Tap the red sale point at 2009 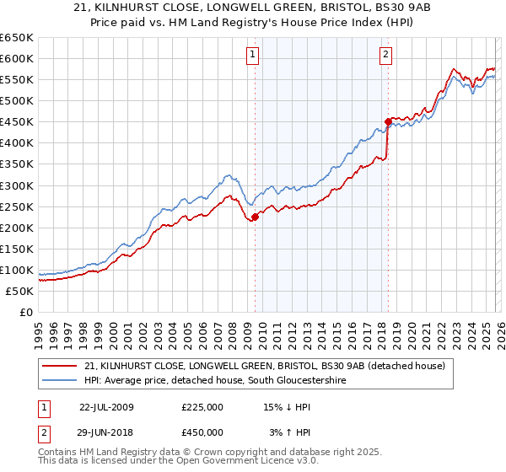255,217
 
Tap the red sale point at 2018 388,121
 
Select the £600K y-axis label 16,58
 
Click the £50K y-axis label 19,291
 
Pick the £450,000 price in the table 202,432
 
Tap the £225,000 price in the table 202,406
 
